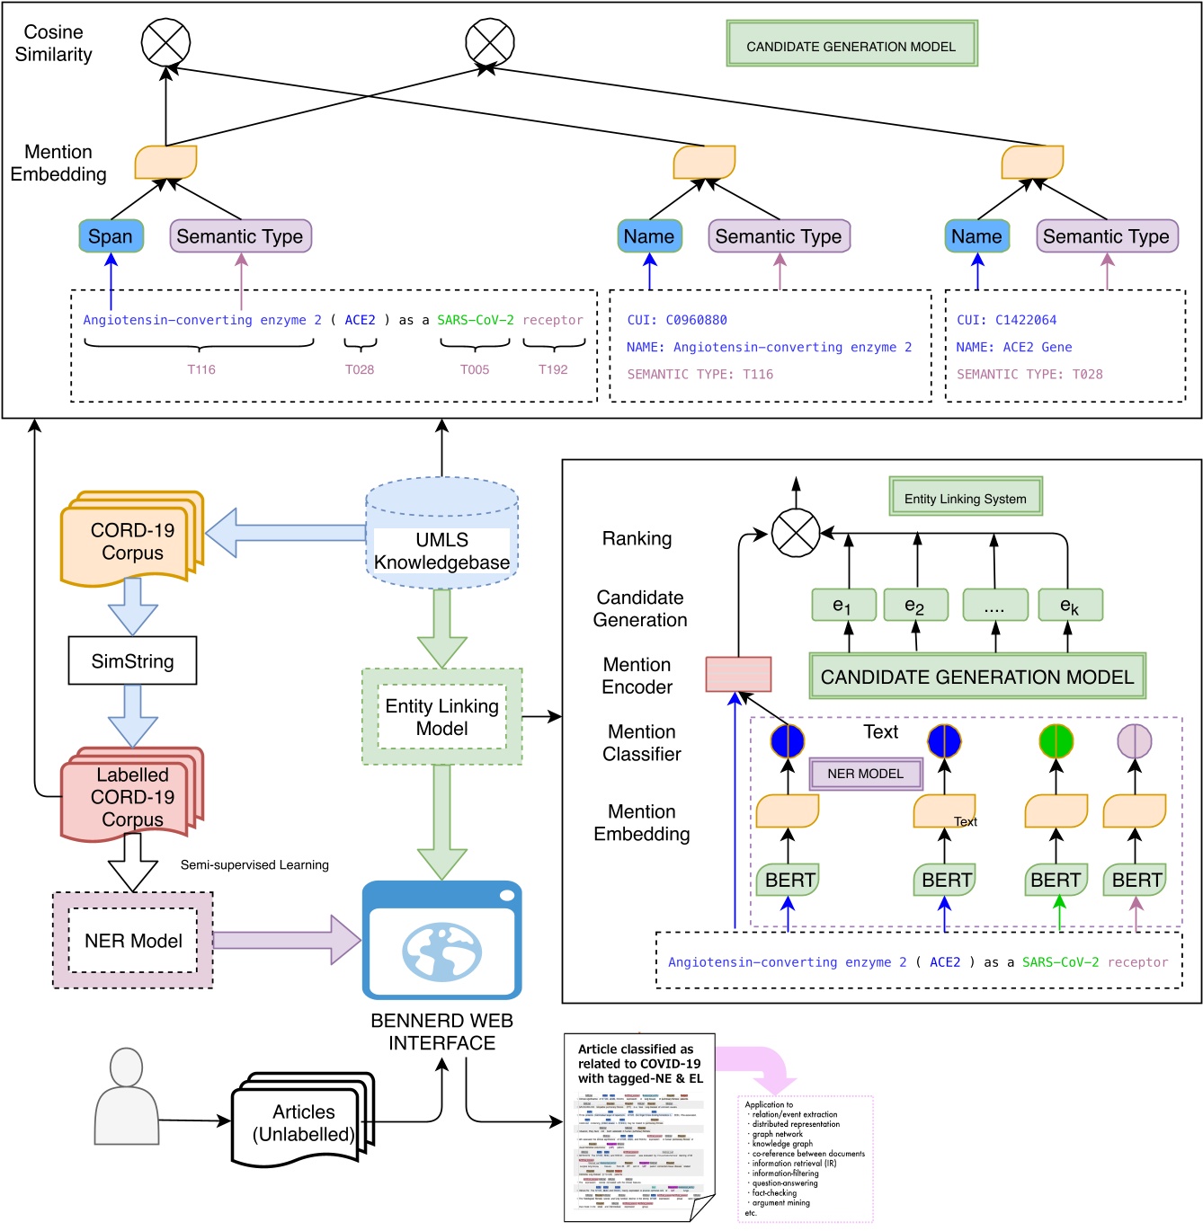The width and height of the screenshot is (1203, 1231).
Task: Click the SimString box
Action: [132, 661]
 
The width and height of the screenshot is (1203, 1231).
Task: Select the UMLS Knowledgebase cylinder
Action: [441, 536]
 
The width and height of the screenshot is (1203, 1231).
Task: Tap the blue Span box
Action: [111, 236]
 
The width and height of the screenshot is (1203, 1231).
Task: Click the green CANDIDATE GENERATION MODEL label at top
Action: [851, 46]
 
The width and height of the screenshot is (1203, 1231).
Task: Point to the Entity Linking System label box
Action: [965, 498]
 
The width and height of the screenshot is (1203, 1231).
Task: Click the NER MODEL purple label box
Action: [865, 774]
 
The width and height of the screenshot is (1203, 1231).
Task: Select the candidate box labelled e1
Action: [842, 606]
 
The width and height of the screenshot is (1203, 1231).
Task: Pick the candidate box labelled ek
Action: [1069, 606]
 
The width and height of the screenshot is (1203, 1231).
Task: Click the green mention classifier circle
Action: [1056, 741]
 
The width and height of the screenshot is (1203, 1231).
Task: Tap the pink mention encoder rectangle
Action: [738, 674]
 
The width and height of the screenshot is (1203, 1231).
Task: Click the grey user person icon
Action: [126, 1096]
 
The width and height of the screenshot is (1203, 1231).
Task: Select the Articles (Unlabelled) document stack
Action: [302, 1122]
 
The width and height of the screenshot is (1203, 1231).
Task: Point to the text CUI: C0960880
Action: [677, 320]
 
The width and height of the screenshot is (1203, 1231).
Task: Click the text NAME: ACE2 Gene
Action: [1013, 347]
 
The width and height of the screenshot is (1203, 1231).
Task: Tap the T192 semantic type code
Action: [553, 369]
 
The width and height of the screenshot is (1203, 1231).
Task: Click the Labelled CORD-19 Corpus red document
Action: [131, 796]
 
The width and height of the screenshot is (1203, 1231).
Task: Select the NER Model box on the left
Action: [133, 941]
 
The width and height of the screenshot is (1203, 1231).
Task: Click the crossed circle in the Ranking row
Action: [796, 534]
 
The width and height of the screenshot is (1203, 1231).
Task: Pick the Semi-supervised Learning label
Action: [254, 864]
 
